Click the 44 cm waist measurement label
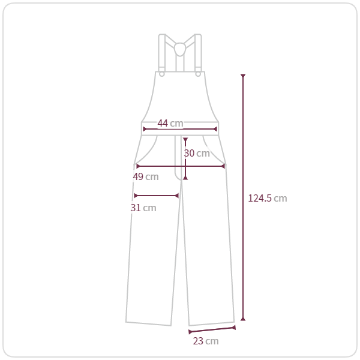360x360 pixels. point(170,123)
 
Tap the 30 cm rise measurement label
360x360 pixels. point(197,153)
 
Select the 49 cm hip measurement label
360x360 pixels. point(146,176)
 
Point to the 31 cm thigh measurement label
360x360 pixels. point(143,208)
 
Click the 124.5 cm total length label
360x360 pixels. point(268,198)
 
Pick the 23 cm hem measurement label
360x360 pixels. point(206,341)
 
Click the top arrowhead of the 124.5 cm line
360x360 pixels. point(243,76)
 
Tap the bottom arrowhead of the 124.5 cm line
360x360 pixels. point(243,319)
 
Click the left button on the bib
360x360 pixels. point(162,74)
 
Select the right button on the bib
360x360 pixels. point(198,74)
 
